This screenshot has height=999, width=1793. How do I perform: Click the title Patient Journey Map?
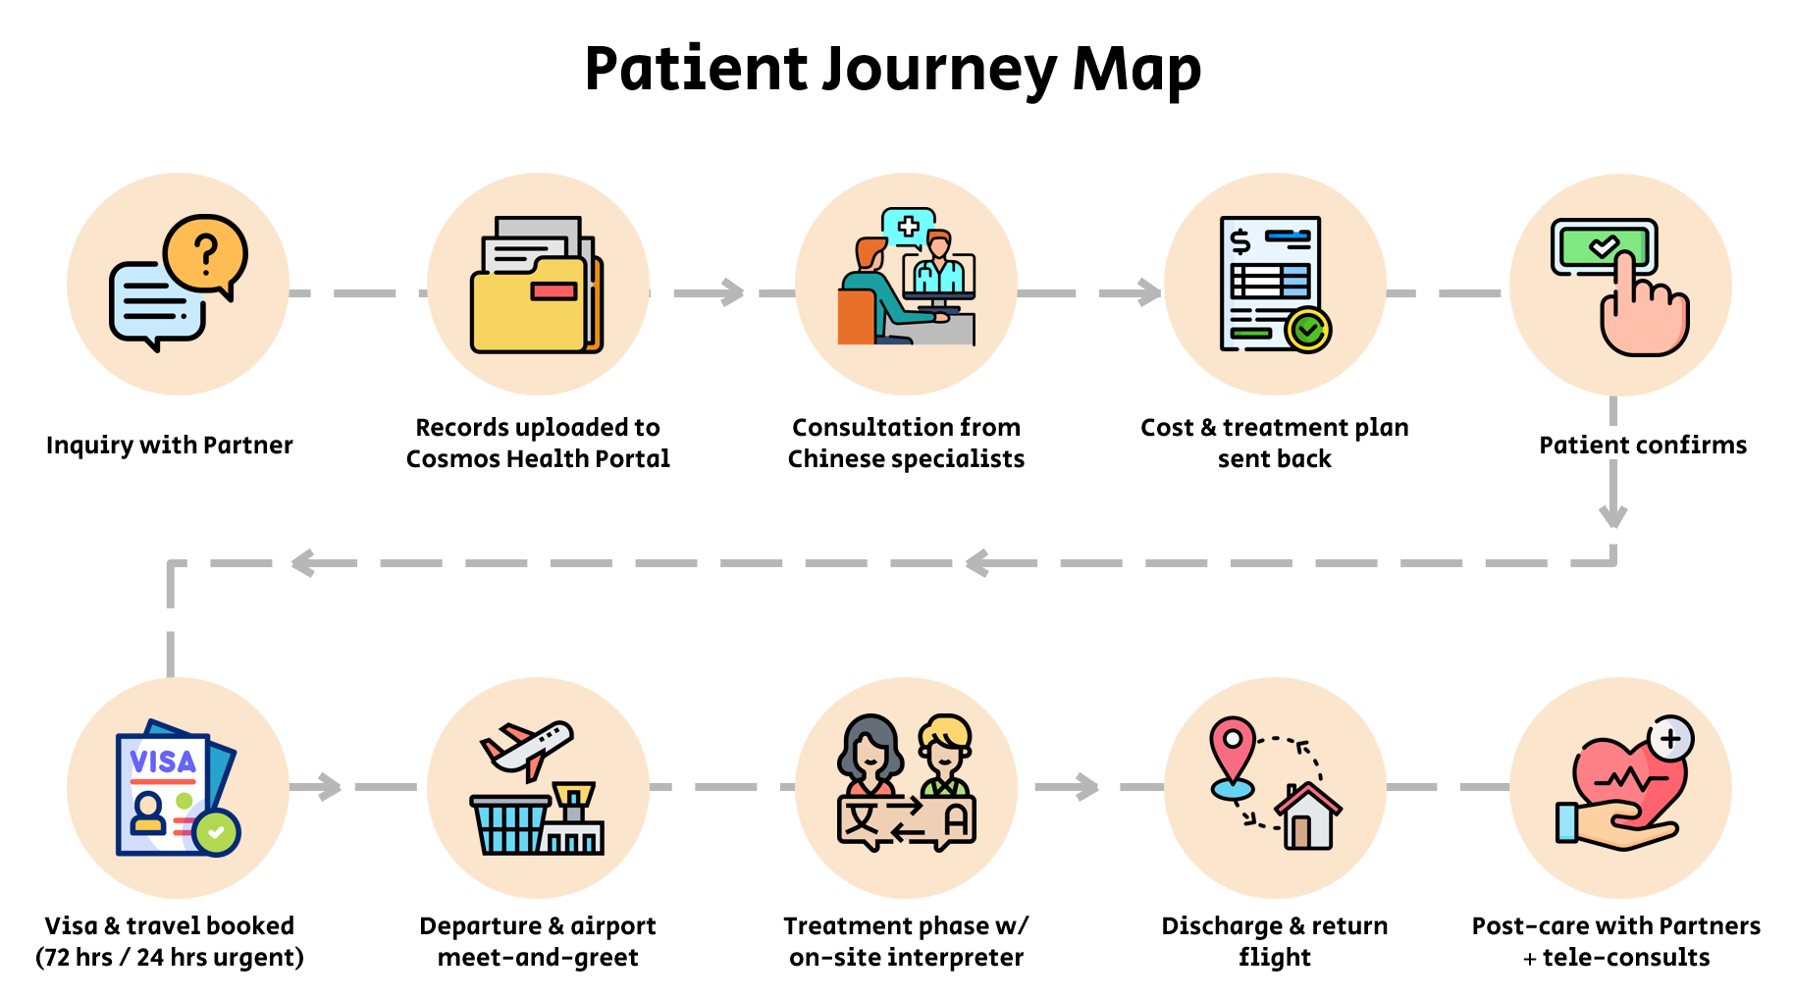892,69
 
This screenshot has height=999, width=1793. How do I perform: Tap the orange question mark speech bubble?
206,253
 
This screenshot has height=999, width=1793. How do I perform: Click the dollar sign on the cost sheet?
1241,240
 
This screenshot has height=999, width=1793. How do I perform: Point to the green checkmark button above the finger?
1604,245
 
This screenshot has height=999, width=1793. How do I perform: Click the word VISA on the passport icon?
163,762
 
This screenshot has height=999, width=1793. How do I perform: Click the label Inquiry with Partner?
170,445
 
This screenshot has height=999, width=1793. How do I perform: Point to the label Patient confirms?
1643,445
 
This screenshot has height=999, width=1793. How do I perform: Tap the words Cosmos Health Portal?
538,458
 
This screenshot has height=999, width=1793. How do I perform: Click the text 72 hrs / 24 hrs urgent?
170,957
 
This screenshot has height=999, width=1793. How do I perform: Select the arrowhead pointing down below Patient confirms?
1613,516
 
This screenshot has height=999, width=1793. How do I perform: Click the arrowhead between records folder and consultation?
732,291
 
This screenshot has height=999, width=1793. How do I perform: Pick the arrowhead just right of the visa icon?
329,786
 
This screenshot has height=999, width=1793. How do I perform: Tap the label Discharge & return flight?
1274,940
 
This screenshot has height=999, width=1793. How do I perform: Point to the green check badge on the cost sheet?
1308,330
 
